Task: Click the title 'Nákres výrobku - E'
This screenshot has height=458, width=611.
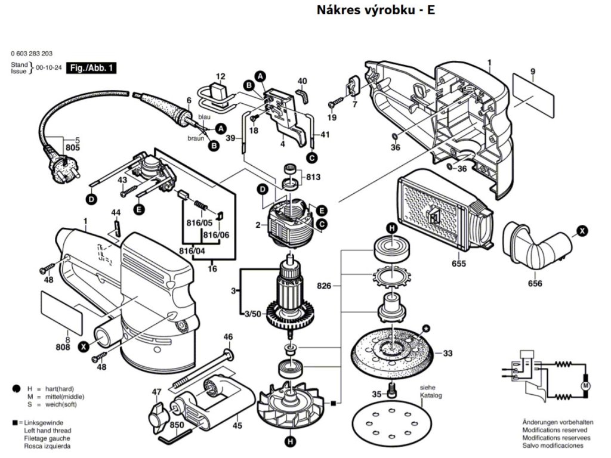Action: (375, 10)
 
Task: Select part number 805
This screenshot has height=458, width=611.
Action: (72, 147)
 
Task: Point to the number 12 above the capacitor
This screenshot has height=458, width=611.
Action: (220, 76)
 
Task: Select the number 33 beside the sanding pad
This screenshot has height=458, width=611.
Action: (448, 353)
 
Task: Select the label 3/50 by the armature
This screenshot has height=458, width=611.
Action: (252, 314)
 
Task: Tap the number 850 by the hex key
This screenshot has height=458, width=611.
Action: (177, 425)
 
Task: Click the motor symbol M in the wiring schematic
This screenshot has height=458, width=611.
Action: (585, 388)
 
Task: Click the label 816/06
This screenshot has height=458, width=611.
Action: (216, 235)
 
